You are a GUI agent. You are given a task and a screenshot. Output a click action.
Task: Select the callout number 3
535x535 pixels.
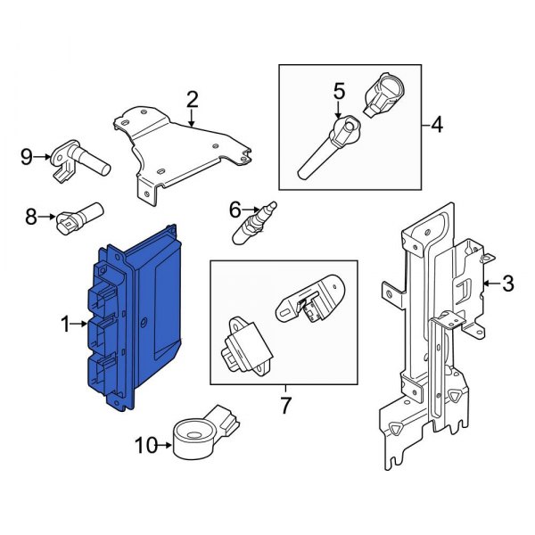[x=507, y=284]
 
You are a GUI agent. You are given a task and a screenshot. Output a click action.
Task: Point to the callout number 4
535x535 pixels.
[x=436, y=126]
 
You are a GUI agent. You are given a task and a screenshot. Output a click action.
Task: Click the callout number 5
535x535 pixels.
[x=338, y=90]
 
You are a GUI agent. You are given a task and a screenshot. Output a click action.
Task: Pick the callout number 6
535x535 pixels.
[x=235, y=210]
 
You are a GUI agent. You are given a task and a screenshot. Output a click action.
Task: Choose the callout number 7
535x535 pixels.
[x=284, y=407]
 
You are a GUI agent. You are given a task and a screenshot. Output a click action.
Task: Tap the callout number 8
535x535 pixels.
[x=30, y=216]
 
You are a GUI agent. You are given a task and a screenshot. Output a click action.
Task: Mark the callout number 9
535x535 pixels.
[x=27, y=158]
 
